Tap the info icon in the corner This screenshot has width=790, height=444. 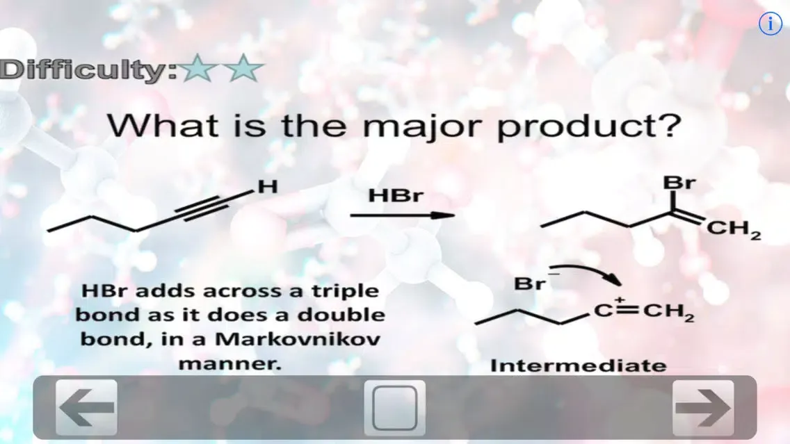770,24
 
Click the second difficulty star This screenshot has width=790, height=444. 244,69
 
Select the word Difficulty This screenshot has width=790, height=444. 89,70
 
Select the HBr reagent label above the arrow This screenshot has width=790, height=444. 395,196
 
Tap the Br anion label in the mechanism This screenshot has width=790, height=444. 530,283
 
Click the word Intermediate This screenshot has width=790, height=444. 578,365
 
